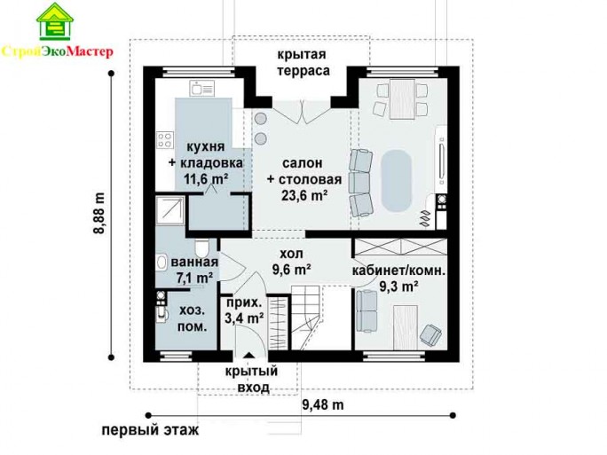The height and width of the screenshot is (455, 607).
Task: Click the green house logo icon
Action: tap(55, 21)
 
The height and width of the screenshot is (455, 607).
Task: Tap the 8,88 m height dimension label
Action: tap(99, 213)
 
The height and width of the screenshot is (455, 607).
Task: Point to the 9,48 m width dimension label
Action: tap(322, 404)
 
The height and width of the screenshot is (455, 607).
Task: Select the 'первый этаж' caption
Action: tap(150, 430)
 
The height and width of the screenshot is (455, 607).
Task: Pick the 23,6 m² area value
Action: tap(304, 195)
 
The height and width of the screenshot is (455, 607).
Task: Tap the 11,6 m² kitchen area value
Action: tap(205, 179)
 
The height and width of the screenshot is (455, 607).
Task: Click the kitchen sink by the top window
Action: tap(201, 88)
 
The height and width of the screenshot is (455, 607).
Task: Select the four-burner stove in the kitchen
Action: tap(164, 140)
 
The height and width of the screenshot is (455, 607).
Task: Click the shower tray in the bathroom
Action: tap(170, 210)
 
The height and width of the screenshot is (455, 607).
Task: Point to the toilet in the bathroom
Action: tap(201, 247)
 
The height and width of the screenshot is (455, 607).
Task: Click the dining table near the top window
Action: tap(402, 98)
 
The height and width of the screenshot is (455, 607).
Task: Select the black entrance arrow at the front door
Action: tap(248, 355)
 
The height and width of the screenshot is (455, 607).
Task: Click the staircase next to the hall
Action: tap(305, 318)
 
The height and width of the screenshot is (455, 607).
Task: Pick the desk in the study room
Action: tap(406, 327)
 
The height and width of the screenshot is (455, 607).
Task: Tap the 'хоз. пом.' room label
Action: tap(192, 318)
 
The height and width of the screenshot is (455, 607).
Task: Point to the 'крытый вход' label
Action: tap(252, 380)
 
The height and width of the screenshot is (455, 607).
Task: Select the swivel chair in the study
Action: tap(430, 334)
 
